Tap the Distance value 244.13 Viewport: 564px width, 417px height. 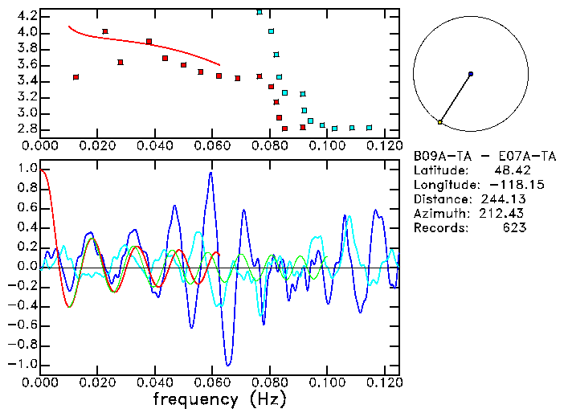503,199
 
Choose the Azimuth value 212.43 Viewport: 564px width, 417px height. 503,214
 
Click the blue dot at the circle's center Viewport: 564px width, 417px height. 470,74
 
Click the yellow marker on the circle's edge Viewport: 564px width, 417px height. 439,122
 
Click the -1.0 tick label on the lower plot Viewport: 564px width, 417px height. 22,364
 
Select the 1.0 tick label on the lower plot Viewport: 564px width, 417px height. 26,170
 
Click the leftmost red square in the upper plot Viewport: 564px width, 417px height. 76,77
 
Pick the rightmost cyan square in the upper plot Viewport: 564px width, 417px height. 369,128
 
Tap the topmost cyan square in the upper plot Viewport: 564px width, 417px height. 259,12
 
